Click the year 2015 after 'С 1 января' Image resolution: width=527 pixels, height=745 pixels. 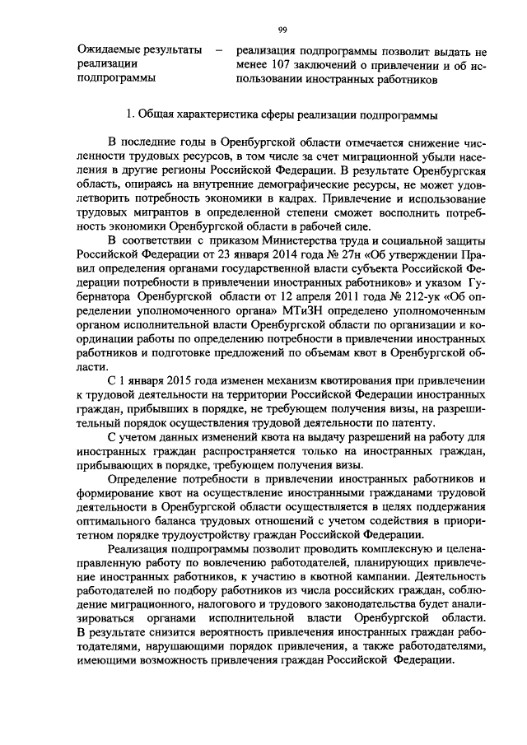point(184,403)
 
